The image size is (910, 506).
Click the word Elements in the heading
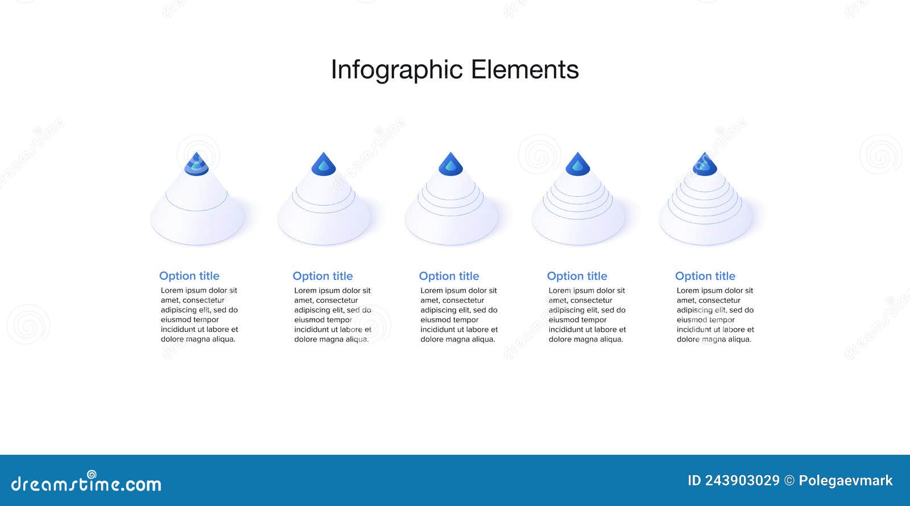(x=524, y=70)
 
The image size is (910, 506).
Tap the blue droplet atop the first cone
(x=197, y=164)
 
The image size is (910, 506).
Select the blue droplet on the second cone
(x=324, y=164)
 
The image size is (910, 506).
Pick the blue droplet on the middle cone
(x=450, y=164)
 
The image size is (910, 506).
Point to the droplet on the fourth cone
(x=577, y=164)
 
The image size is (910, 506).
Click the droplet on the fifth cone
(x=705, y=164)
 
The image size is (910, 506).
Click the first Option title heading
(x=189, y=276)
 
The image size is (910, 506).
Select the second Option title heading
(x=322, y=276)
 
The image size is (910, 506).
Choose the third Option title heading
(x=449, y=276)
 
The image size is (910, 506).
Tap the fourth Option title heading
(x=577, y=276)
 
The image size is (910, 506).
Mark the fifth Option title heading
(x=705, y=276)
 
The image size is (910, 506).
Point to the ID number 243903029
(x=742, y=481)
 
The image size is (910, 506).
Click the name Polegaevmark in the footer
(x=846, y=481)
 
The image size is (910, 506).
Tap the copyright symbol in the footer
(x=789, y=481)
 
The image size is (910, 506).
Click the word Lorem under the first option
(x=172, y=290)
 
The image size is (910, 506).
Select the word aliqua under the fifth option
(x=739, y=339)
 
